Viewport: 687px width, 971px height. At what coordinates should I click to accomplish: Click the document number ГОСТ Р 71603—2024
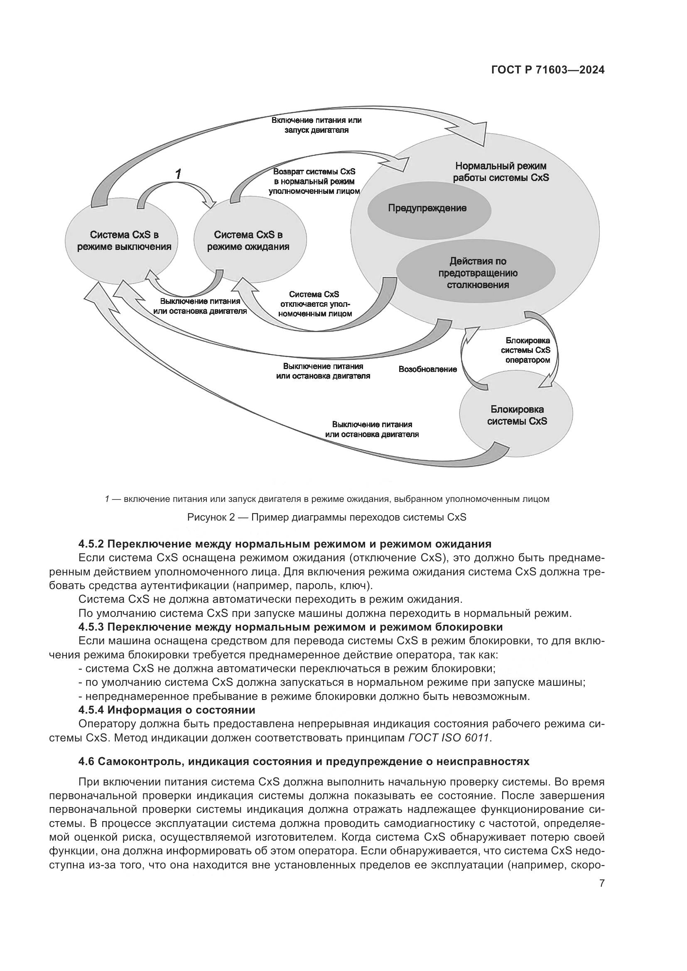point(547,70)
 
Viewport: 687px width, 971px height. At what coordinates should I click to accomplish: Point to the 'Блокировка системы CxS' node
point(517,415)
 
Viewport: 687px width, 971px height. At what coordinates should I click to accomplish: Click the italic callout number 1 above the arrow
point(179,174)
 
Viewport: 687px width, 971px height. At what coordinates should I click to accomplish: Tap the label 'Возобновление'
point(428,369)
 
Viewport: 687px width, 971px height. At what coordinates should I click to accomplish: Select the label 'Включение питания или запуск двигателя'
point(317,125)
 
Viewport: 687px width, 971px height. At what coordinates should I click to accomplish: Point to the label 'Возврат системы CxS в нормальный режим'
point(314,181)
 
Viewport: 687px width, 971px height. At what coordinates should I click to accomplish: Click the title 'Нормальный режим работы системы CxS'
point(501,172)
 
